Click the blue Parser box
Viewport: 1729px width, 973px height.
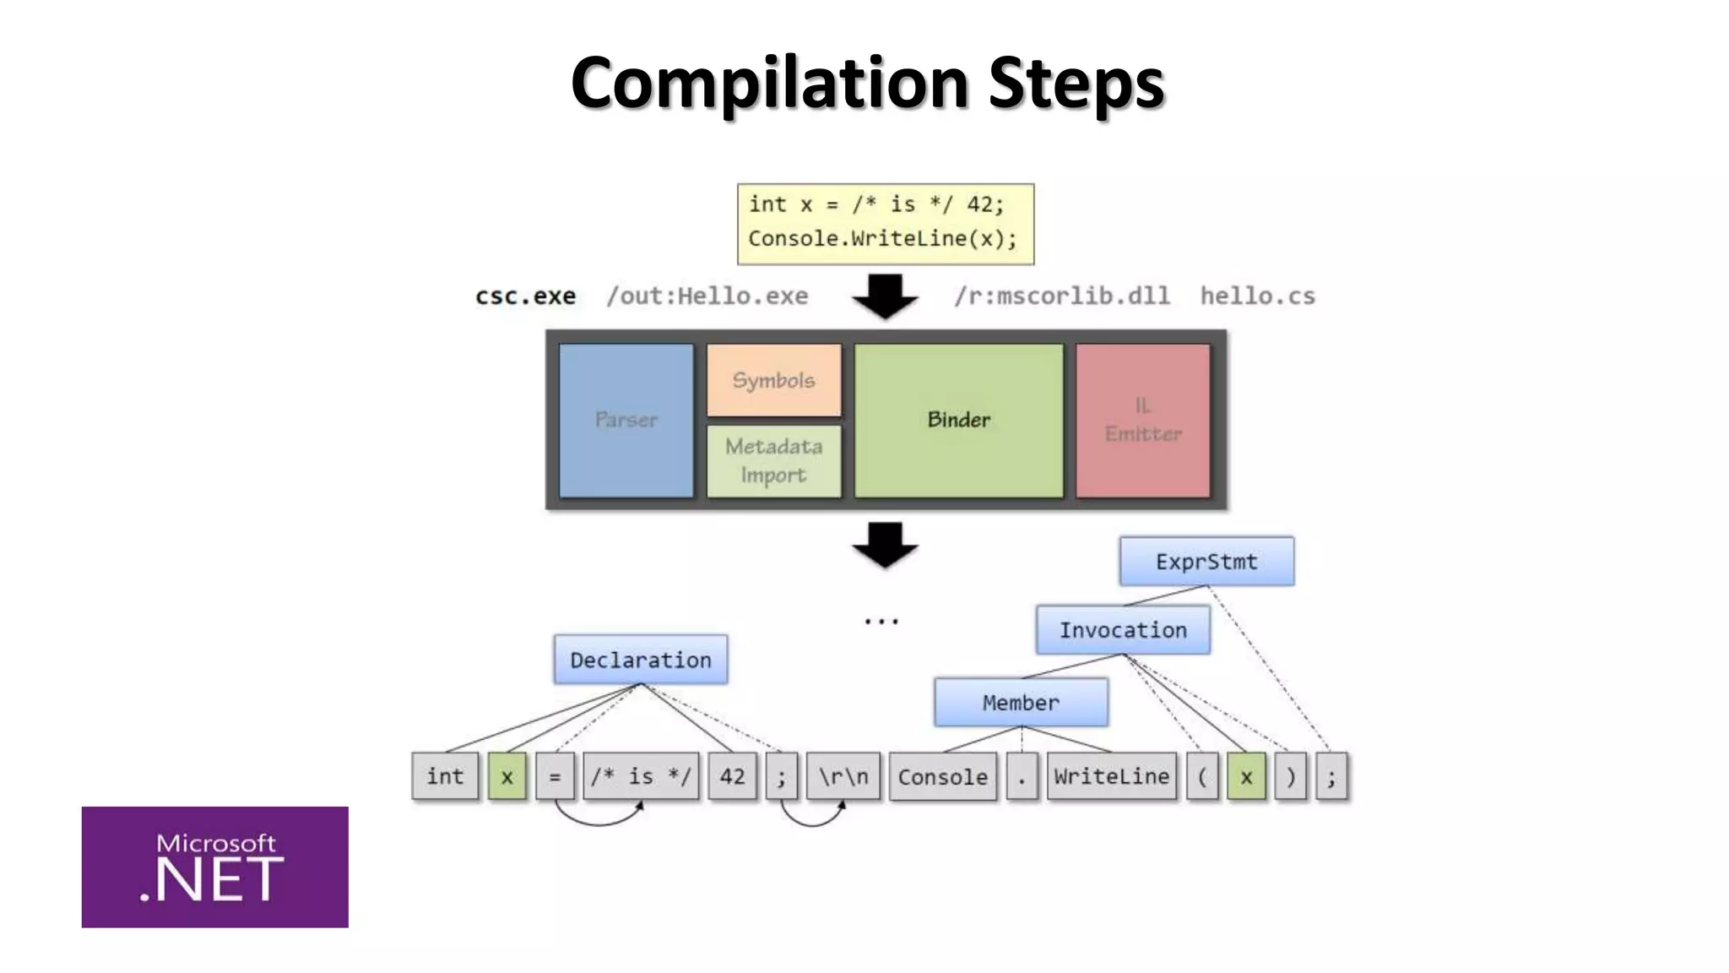(x=626, y=420)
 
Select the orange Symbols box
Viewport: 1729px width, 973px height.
(x=773, y=380)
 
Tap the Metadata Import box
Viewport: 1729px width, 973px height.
(x=773, y=460)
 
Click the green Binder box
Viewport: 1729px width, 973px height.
(x=958, y=420)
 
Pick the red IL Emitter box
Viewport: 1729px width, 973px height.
(x=1142, y=420)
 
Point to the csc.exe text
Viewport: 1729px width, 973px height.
(x=525, y=296)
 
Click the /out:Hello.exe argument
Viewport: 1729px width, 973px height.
(x=707, y=296)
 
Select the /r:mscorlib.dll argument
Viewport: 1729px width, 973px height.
(x=1061, y=296)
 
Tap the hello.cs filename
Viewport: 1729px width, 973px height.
(x=1257, y=296)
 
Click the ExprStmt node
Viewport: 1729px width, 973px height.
(x=1206, y=562)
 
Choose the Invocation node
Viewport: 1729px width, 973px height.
(x=1123, y=630)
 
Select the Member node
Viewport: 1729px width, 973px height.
(x=1021, y=703)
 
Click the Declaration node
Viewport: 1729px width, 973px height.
(x=641, y=660)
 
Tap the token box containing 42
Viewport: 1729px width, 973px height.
(x=732, y=776)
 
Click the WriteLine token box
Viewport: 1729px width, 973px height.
(x=1111, y=776)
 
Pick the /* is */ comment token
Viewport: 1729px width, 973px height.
(x=641, y=776)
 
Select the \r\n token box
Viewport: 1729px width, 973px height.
(x=843, y=776)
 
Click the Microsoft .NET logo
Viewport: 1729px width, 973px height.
(x=214, y=867)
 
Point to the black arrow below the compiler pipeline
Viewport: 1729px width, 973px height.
(x=885, y=545)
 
